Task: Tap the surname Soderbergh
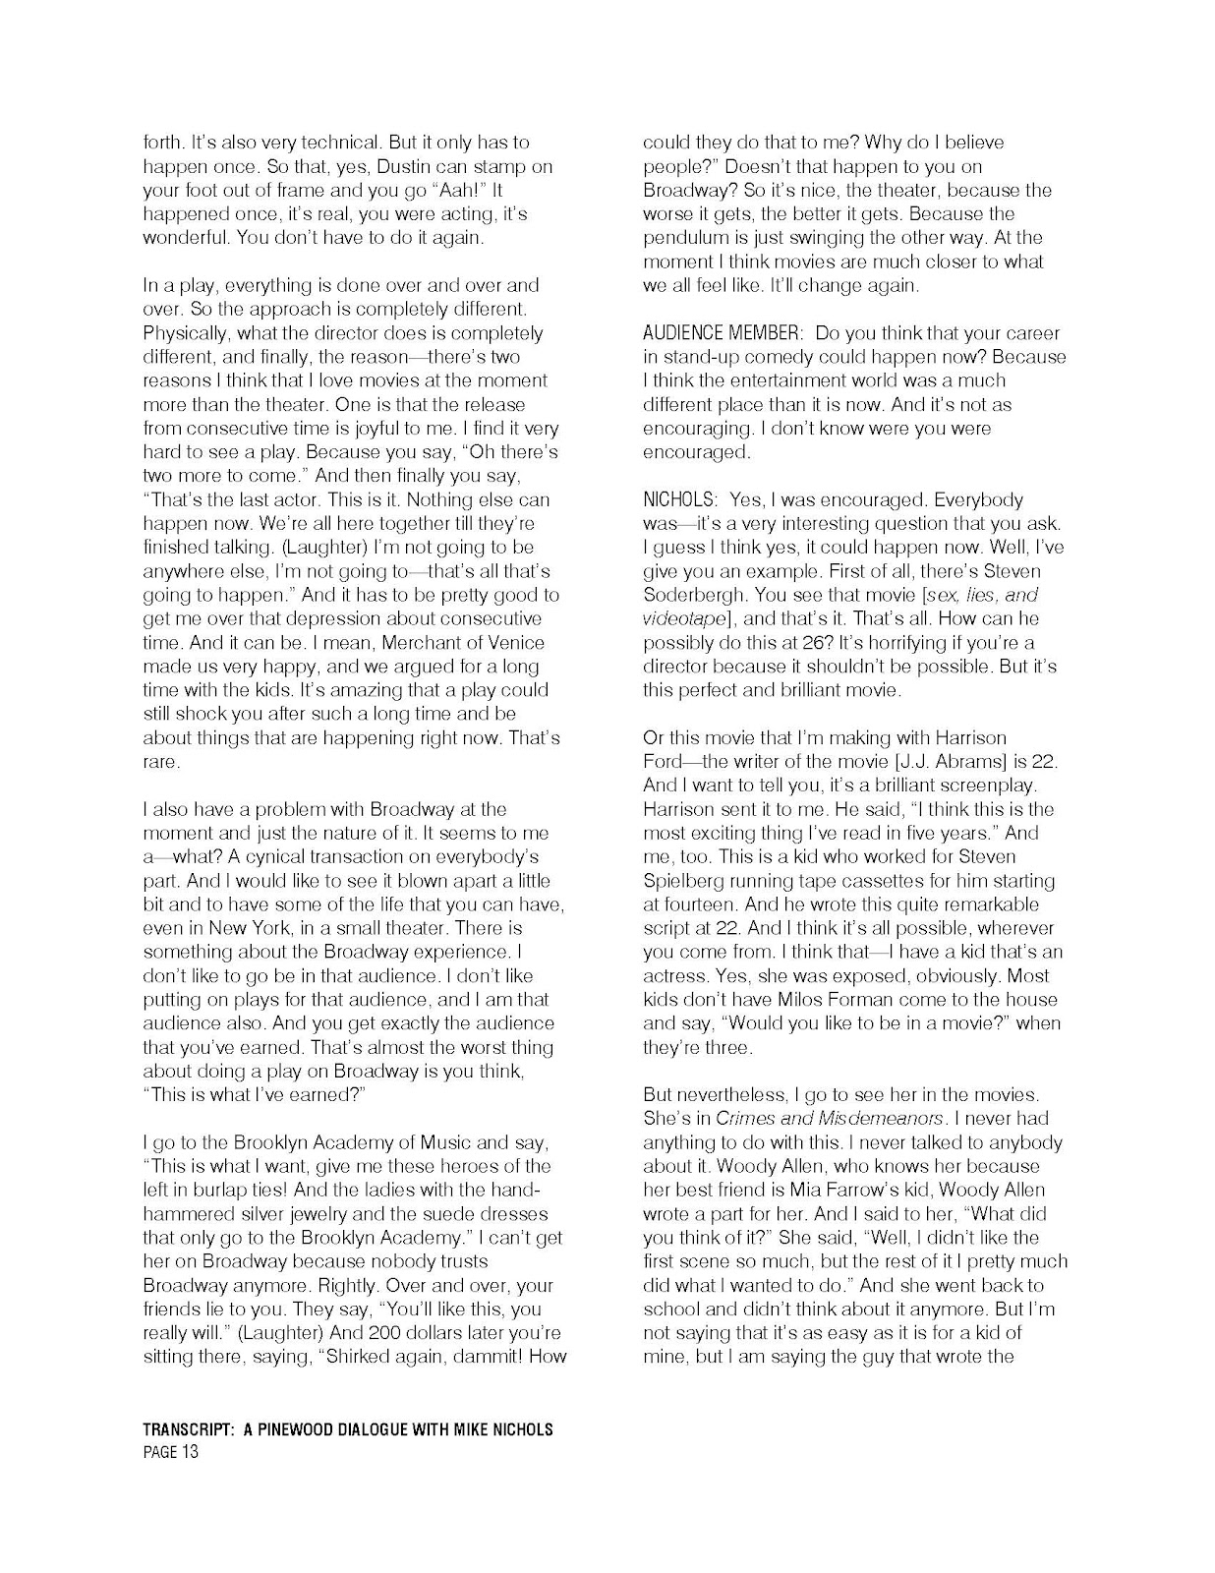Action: (x=694, y=595)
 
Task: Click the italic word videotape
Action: (x=684, y=618)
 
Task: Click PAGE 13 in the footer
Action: (x=170, y=1452)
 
